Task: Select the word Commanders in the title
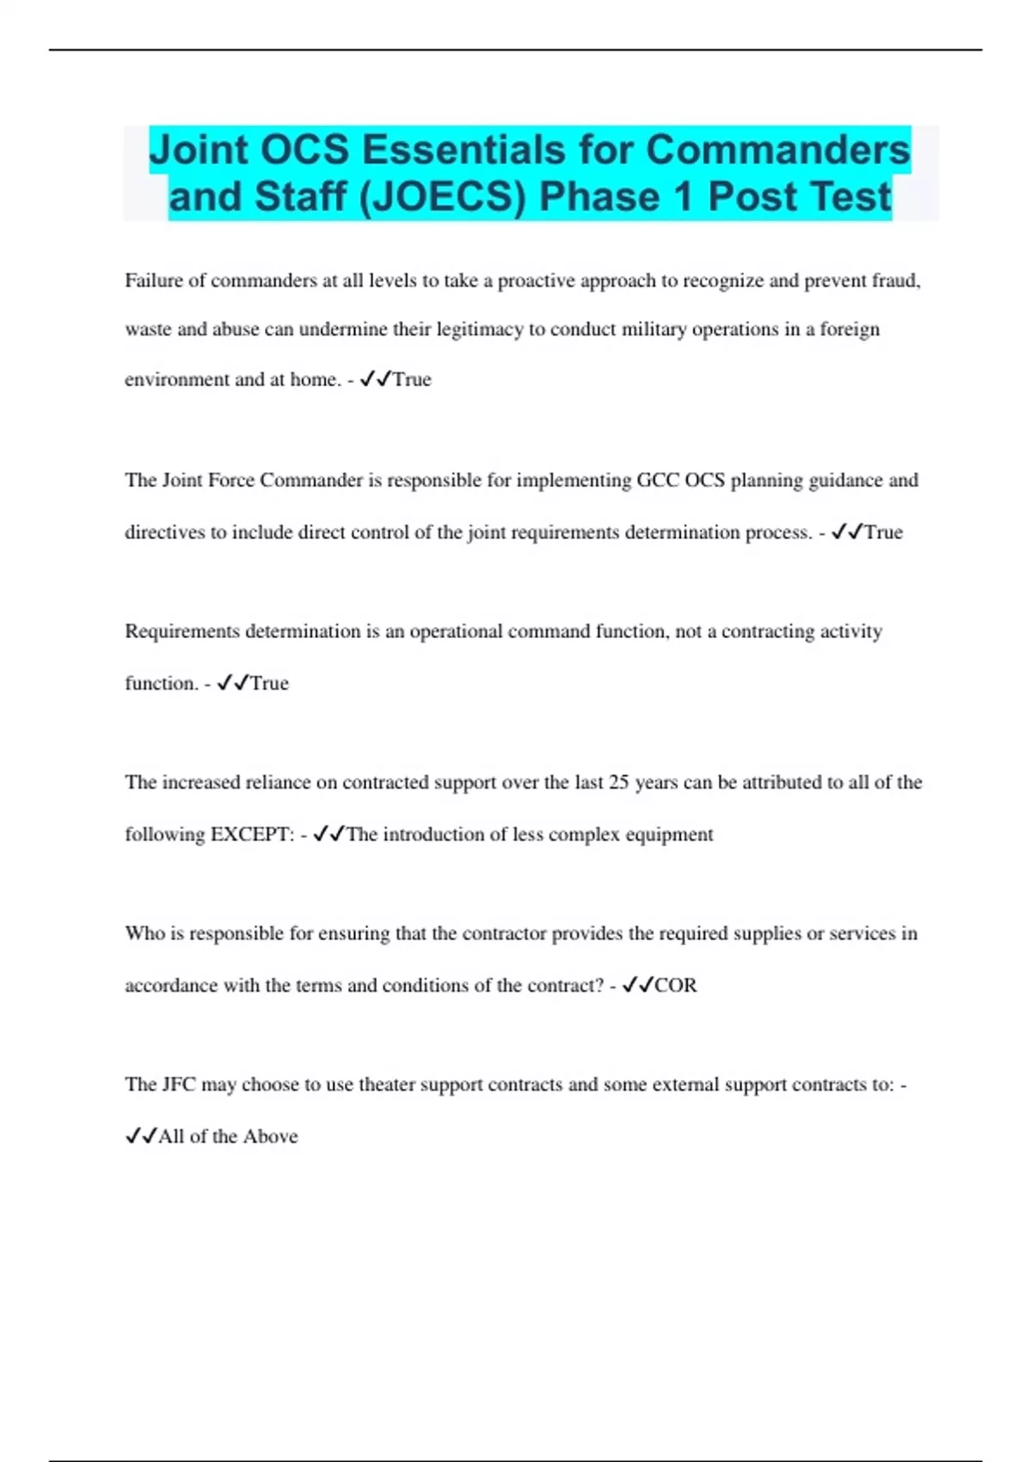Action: point(777,150)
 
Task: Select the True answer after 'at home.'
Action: point(412,379)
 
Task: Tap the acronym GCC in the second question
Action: point(658,480)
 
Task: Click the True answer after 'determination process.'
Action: point(883,532)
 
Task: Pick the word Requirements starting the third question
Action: point(183,631)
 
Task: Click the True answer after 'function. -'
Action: point(269,684)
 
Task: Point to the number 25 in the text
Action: point(619,783)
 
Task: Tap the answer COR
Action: point(676,986)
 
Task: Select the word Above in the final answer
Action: point(270,1136)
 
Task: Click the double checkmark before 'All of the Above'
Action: point(141,1136)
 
